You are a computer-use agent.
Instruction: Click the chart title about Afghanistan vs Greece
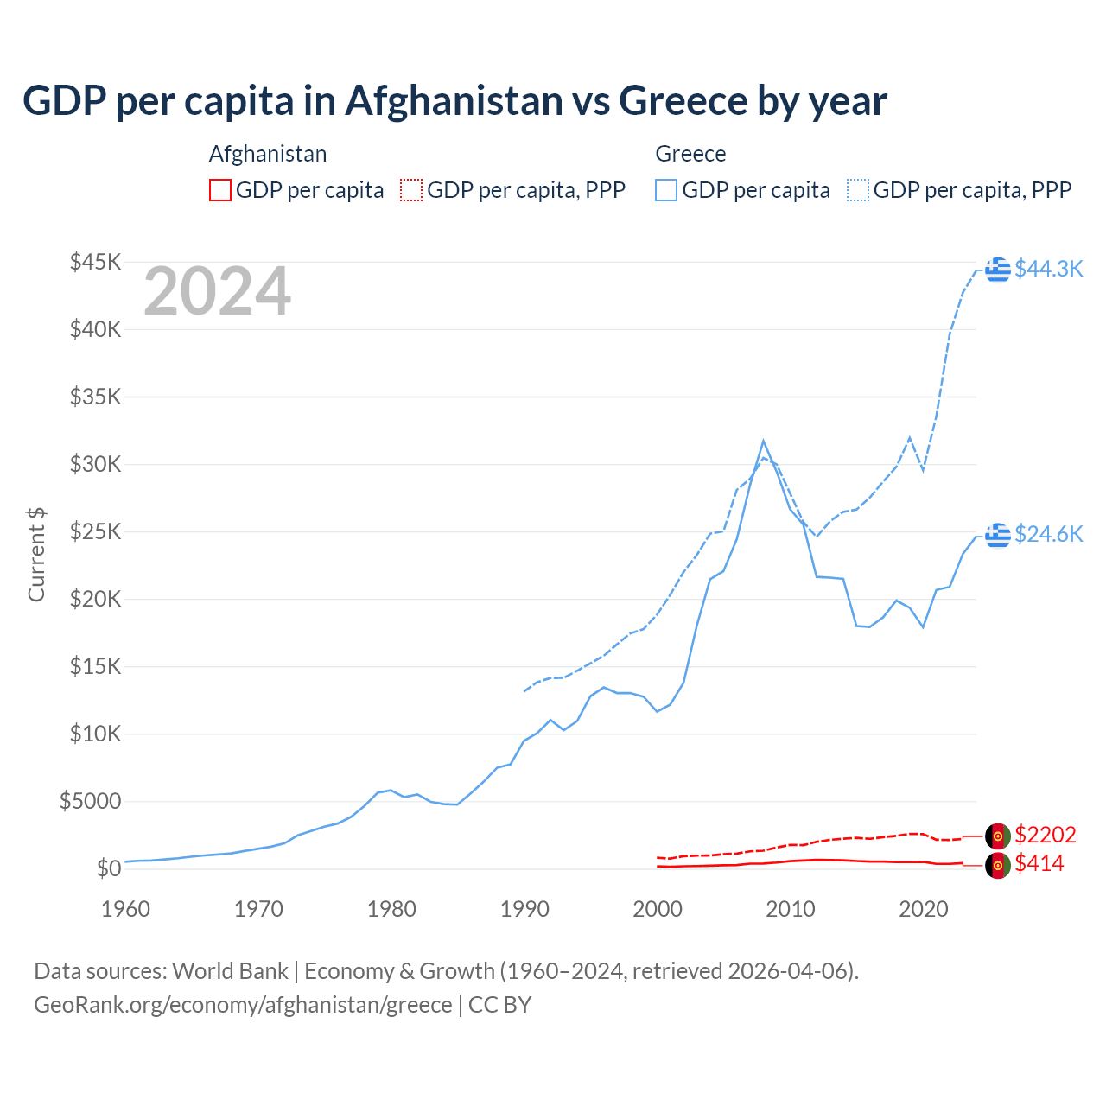454,101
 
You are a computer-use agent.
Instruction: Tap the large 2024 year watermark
217,292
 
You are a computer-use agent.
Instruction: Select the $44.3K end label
1048,269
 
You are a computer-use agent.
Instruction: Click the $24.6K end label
1048,534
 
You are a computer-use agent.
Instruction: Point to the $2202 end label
1045,835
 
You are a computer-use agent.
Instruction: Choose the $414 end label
1039,863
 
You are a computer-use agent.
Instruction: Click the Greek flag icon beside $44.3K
998,270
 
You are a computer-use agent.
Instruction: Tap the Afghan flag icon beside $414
998,865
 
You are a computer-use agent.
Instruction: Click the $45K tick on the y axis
96,262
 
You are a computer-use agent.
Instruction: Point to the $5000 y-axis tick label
91,801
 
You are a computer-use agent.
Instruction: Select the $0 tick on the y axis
108,868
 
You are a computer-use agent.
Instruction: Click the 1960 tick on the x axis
126,909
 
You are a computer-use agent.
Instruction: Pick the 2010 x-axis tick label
791,909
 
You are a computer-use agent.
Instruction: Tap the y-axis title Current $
36,555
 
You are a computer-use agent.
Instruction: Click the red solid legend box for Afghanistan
220,190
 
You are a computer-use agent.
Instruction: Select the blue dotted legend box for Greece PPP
858,190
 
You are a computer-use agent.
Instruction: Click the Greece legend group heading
690,154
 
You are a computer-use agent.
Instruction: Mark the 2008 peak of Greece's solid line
763,441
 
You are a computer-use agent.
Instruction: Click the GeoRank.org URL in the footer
243,1005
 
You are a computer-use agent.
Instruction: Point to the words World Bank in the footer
230,971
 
